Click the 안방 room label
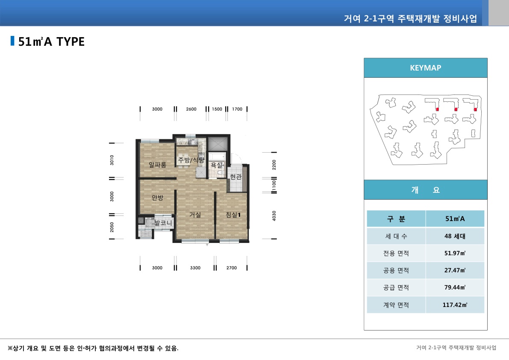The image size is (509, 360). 157,198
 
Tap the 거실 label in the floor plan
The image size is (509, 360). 195,215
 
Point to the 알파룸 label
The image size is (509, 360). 157,164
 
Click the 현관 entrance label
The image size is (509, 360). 235,177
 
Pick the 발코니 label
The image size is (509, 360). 163,223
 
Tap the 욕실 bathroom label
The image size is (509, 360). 216,165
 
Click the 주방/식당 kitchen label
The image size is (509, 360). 191,160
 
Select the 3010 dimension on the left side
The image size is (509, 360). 112,160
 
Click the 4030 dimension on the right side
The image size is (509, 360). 274,216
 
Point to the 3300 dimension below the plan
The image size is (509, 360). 195,268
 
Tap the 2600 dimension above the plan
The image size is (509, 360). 191,109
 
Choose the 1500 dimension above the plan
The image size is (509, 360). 217,109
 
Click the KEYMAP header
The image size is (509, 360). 425,68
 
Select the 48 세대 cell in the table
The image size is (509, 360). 455,236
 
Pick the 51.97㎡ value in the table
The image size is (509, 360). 455,253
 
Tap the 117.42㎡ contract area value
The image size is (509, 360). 455,305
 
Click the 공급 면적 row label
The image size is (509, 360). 396,288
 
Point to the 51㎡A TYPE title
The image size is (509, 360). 51,41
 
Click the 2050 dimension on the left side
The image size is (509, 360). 112,227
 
